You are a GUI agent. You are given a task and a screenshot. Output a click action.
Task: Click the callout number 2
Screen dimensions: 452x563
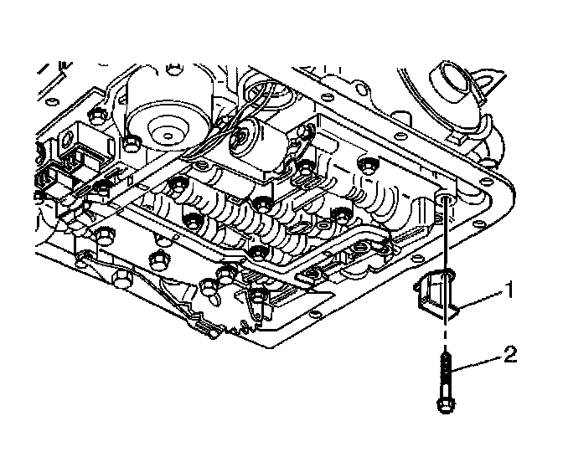pos(509,355)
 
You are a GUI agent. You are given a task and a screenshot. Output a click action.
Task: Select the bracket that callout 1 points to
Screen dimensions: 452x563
pos(437,297)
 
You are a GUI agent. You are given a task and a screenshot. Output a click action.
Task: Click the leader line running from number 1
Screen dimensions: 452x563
pos(481,300)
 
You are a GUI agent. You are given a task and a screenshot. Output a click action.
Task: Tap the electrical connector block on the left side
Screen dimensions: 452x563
pos(64,180)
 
